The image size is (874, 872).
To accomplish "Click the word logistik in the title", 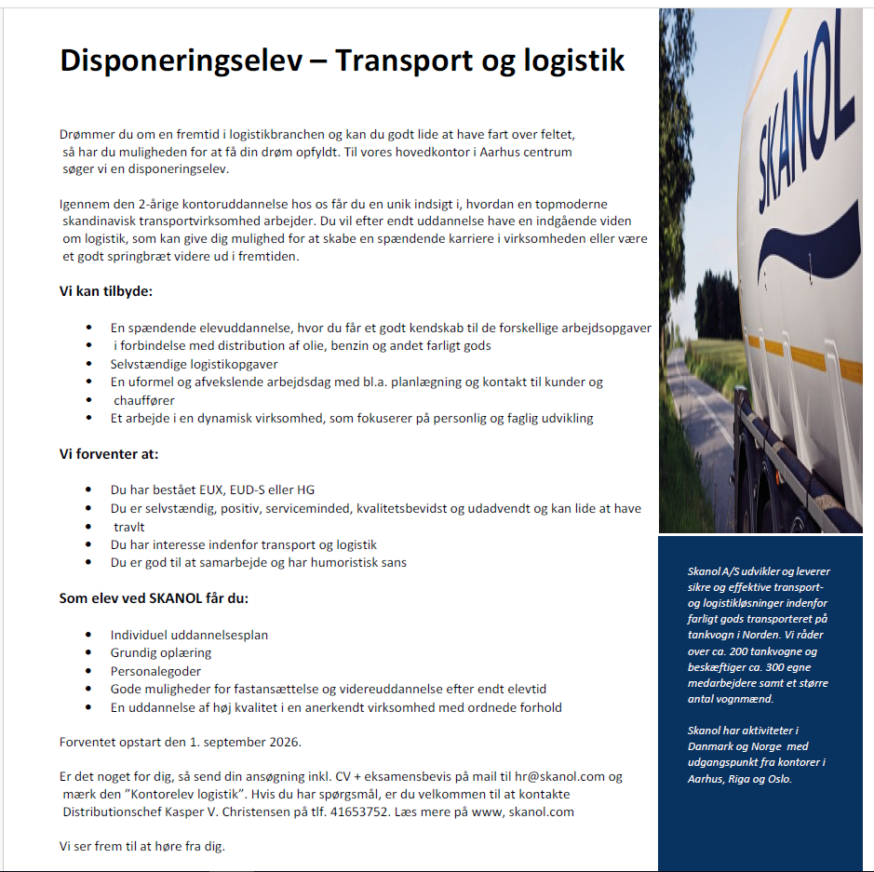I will tap(567, 61).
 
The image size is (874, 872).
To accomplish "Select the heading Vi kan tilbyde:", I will tap(106, 291).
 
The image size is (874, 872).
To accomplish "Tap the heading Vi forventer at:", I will tap(109, 454).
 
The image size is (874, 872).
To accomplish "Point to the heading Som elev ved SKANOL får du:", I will tap(154, 597).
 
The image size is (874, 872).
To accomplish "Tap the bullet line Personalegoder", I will tap(155, 671).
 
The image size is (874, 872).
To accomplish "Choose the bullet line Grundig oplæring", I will tap(161, 652).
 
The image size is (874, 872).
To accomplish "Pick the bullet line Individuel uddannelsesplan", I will tap(189, 635).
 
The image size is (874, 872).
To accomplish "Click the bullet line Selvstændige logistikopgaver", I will tap(194, 364).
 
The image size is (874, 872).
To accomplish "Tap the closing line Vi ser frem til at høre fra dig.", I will tap(142, 846).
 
